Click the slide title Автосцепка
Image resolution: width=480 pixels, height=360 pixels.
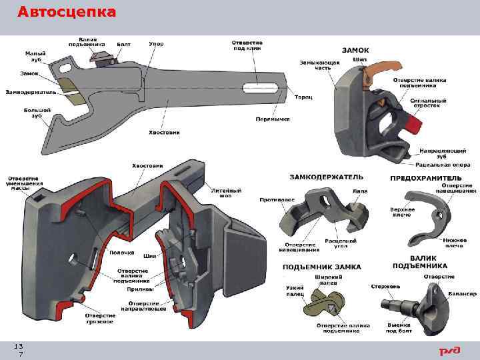66,12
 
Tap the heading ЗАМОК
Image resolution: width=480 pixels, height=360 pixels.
355,50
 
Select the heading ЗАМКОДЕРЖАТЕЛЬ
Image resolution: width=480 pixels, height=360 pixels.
326,177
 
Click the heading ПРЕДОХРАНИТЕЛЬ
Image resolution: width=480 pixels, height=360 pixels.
425,178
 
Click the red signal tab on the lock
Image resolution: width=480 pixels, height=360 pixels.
413,125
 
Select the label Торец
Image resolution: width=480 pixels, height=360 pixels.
303,97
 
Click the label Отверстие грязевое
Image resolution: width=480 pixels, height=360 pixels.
99,318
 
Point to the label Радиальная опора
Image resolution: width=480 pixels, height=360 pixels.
442,164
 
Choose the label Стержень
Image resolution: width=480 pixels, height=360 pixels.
385,286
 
